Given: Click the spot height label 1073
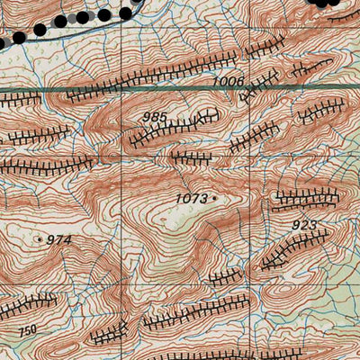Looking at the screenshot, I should point(192,198).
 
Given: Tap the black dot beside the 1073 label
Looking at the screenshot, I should point(215,198).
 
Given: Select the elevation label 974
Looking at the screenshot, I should point(58,239).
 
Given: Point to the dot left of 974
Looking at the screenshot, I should point(40,239).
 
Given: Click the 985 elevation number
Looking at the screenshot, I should point(155,118).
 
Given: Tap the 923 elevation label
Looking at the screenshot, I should point(306,223).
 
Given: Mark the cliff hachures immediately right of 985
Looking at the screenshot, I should point(205,115).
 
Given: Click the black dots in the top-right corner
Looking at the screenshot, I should point(333,3).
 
